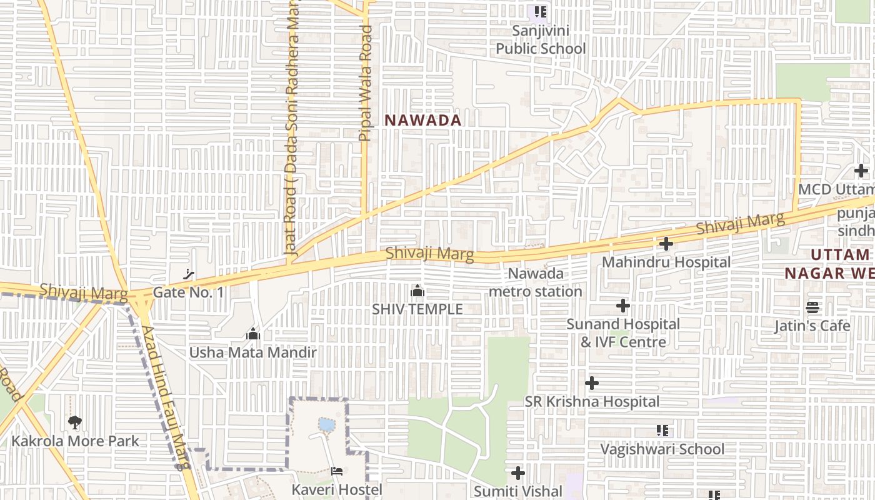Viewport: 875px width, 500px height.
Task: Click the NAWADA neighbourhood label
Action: click(423, 120)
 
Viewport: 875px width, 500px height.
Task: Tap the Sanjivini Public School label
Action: click(541, 39)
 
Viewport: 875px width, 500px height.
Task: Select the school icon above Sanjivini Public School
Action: click(541, 12)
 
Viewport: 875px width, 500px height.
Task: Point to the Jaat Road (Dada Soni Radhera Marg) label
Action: click(292, 125)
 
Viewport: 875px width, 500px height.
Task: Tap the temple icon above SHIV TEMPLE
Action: click(417, 291)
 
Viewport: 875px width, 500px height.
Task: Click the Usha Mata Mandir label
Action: click(253, 352)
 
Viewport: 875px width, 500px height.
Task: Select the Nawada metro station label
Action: click(536, 282)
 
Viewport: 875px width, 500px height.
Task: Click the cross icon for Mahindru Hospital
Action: click(666, 244)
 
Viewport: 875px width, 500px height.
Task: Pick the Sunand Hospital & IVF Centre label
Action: click(623, 333)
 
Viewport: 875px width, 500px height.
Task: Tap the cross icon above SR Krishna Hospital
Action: click(592, 383)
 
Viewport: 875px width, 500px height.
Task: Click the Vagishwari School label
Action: click(662, 449)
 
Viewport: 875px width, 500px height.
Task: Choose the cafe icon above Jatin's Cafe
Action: click(812, 307)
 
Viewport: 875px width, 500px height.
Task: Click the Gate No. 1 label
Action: click(188, 292)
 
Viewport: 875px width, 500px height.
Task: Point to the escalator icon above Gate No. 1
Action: click(188, 274)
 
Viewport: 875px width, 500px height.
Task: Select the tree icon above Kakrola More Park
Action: click(75, 422)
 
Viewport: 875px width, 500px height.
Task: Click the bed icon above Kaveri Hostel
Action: click(337, 471)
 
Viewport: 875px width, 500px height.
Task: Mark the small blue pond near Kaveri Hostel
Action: click(326, 425)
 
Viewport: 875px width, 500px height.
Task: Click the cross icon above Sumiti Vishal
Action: click(518, 473)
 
